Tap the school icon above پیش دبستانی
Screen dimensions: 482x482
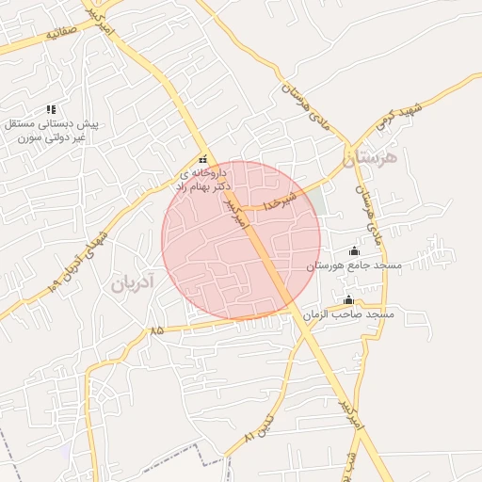coord(51,110)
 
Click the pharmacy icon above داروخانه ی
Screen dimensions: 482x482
coord(202,159)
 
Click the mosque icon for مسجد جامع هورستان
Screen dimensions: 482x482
coord(354,250)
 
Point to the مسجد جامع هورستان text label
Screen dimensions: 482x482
coord(355,265)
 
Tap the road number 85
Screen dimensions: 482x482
coord(155,330)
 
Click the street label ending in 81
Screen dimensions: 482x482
coord(262,426)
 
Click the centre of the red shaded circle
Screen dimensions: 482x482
coord(241,241)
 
